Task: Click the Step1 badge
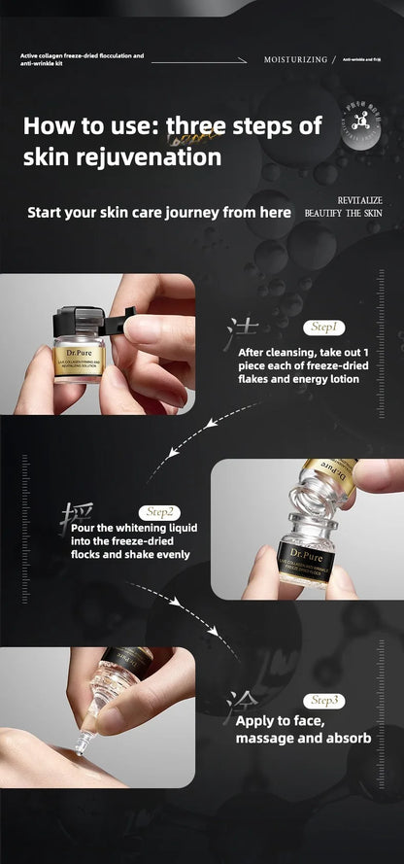click(325, 328)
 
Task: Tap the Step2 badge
click(159, 511)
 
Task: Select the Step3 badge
click(324, 700)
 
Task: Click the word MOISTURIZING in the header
click(295, 60)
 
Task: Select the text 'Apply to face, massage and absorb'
click(302, 731)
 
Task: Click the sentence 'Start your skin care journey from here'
click(158, 212)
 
